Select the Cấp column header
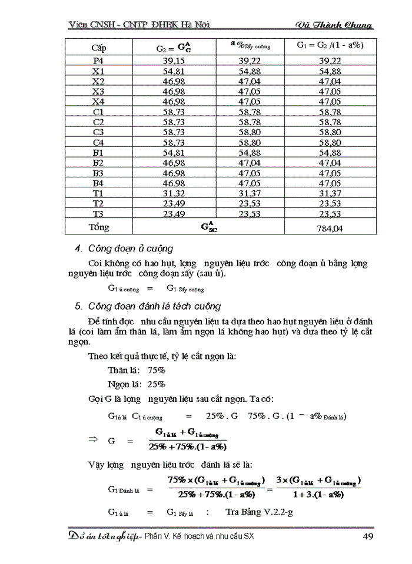(98, 46)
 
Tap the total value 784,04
(330, 228)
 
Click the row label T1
(98, 193)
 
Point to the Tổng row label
(99, 227)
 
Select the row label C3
(98, 132)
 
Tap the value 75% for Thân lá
(157, 371)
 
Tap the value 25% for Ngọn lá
(157, 385)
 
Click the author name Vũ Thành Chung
(334, 25)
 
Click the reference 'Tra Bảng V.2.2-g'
(260, 512)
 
